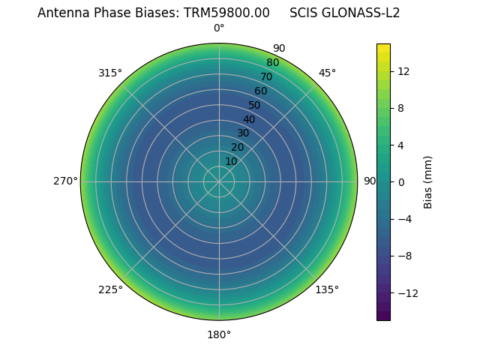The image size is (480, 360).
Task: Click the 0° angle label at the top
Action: pos(219,28)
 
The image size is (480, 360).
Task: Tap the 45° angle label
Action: pos(327,73)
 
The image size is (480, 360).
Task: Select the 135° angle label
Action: pos(327,289)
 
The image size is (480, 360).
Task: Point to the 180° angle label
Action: pos(219,334)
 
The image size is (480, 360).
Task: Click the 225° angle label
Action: pos(110,289)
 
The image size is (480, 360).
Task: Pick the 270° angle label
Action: pos(65,181)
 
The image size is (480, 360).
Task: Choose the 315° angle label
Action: pos(110,73)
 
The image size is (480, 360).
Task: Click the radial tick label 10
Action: pos(231,161)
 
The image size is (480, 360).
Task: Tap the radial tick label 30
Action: pos(243,133)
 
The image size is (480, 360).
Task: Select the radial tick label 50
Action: pos(254,105)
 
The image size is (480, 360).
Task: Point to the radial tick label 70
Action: pos(266,76)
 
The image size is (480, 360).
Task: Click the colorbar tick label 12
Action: pos(403,71)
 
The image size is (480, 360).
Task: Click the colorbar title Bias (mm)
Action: pos(428,181)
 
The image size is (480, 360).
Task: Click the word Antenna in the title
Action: pos(60,13)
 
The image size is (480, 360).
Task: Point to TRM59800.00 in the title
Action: pos(226,13)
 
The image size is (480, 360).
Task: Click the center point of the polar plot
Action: pos(219,181)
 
